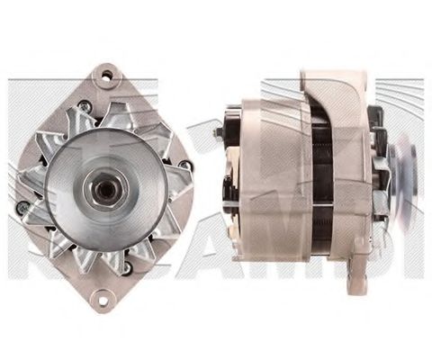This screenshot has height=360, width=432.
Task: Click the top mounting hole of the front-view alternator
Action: click(110, 76)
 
